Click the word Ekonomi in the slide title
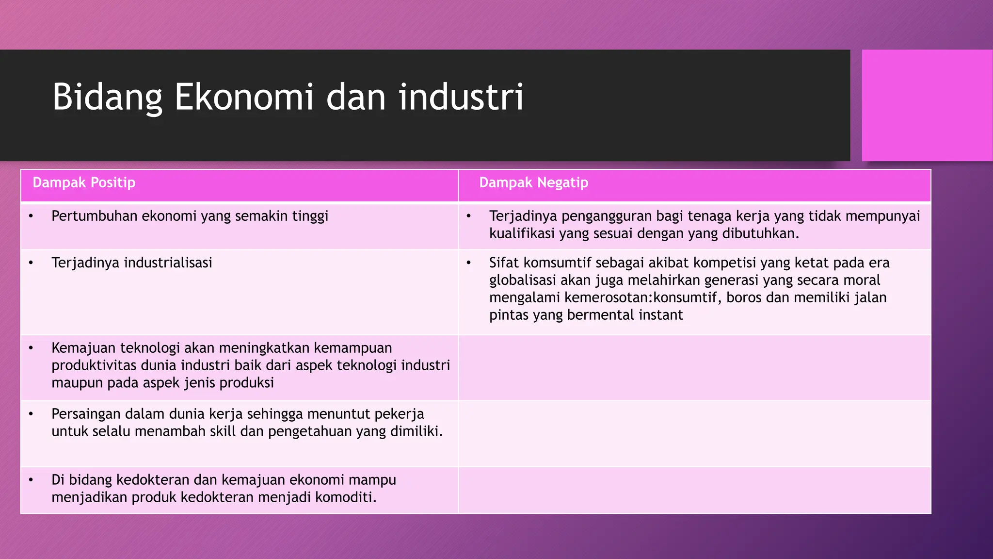pyautogui.click(x=243, y=97)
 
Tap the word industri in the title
pyautogui.click(x=461, y=97)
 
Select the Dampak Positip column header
pyautogui.click(x=84, y=183)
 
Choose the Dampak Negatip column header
pyautogui.click(x=533, y=183)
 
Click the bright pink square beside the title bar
pyautogui.click(x=927, y=105)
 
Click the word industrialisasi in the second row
pyautogui.click(x=168, y=263)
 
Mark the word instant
pyautogui.click(x=660, y=315)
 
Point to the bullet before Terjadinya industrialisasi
pyautogui.click(x=31, y=263)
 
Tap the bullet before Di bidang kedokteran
pyautogui.click(x=31, y=480)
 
